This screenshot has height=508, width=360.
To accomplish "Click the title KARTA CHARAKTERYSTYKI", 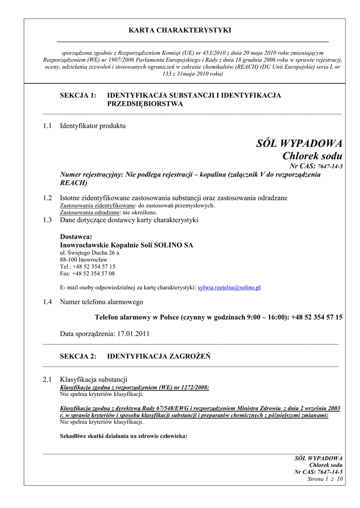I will (x=180, y=30).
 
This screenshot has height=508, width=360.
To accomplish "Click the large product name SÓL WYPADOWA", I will (x=299, y=144).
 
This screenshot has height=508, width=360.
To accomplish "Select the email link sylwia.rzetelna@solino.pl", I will (x=229, y=287).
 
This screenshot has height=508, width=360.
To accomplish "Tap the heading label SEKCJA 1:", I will (x=78, y=95).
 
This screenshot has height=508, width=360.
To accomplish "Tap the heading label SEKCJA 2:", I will (x=78, y=356).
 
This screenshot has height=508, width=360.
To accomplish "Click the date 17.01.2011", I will (x=133, y=334).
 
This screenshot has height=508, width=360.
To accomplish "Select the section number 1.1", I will (x=48, y=126).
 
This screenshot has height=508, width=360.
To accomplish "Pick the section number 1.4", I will (x=48, y=302).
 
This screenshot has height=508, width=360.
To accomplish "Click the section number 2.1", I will (x=48, y=380).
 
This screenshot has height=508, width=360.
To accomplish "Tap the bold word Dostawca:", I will (x=76, y=237).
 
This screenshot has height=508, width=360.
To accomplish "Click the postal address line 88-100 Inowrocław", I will (x=83, y=259).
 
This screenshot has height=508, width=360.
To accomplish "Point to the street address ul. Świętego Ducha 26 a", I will (x=89, y=253).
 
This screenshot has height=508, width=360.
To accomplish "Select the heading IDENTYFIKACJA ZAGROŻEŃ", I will (x=159, y=356).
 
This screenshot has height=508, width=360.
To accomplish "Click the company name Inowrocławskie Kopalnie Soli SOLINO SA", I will (x=127, y=245).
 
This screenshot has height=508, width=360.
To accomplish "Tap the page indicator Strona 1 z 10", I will (x=325, y=479).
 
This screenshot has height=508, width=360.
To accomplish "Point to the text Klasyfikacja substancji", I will (x=94, y=380).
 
